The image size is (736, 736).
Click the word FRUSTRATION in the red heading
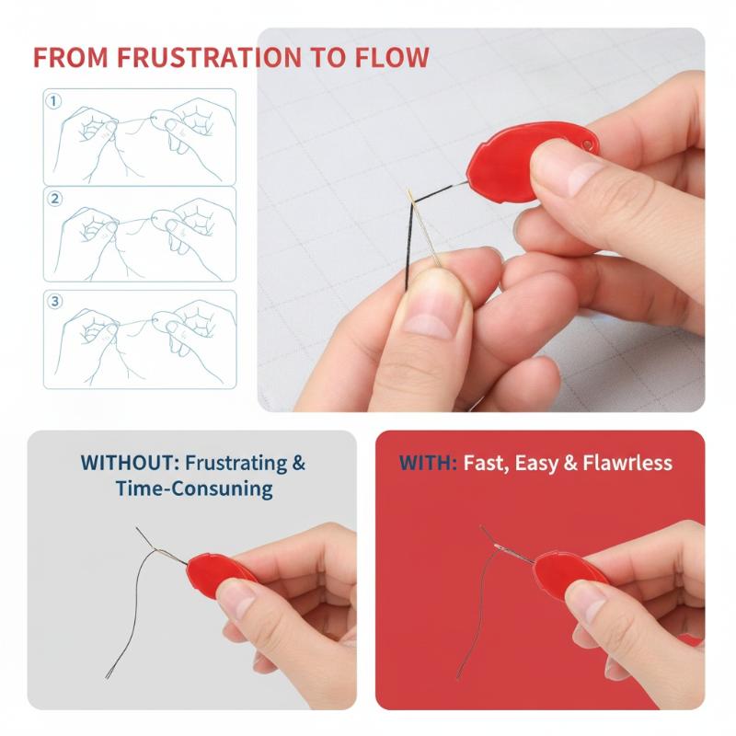[x=209, y=57]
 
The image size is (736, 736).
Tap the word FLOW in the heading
[x=392, y=57]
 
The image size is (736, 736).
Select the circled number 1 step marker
[x=53, y=101]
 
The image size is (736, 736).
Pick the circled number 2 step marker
[x=55, y=199]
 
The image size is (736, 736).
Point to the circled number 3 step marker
[x=55, y=301]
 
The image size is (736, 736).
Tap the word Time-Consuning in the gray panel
[x=194, y=489]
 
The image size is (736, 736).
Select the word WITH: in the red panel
[x=428, y=463]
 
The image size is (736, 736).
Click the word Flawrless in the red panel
[x=627, y=463]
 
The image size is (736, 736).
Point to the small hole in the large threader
[x=587, y=144]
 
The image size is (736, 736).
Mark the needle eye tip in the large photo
[x=409, y=192]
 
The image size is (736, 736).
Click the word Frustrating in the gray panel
[x=236, y=464]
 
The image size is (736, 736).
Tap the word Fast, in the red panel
[x=487, y=464]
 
